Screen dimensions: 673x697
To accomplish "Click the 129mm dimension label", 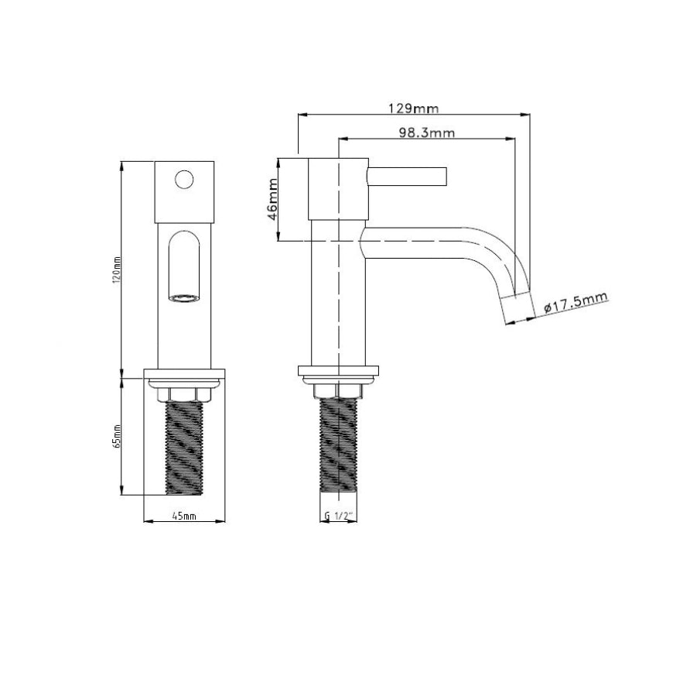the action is click(413, 108).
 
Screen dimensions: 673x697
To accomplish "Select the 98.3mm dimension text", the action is click(426, 132).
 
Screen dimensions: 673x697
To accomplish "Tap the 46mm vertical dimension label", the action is click(272, 199).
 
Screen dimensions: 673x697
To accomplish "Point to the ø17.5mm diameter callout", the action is click(576, 302).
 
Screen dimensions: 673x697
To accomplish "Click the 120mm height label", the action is click(118, 270).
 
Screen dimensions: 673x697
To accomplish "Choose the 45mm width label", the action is click(184, 516).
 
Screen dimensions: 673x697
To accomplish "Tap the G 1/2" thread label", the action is click(338, 516).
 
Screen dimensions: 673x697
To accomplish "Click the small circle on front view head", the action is click(184, 180).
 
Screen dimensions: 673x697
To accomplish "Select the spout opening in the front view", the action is click(184, 298).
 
